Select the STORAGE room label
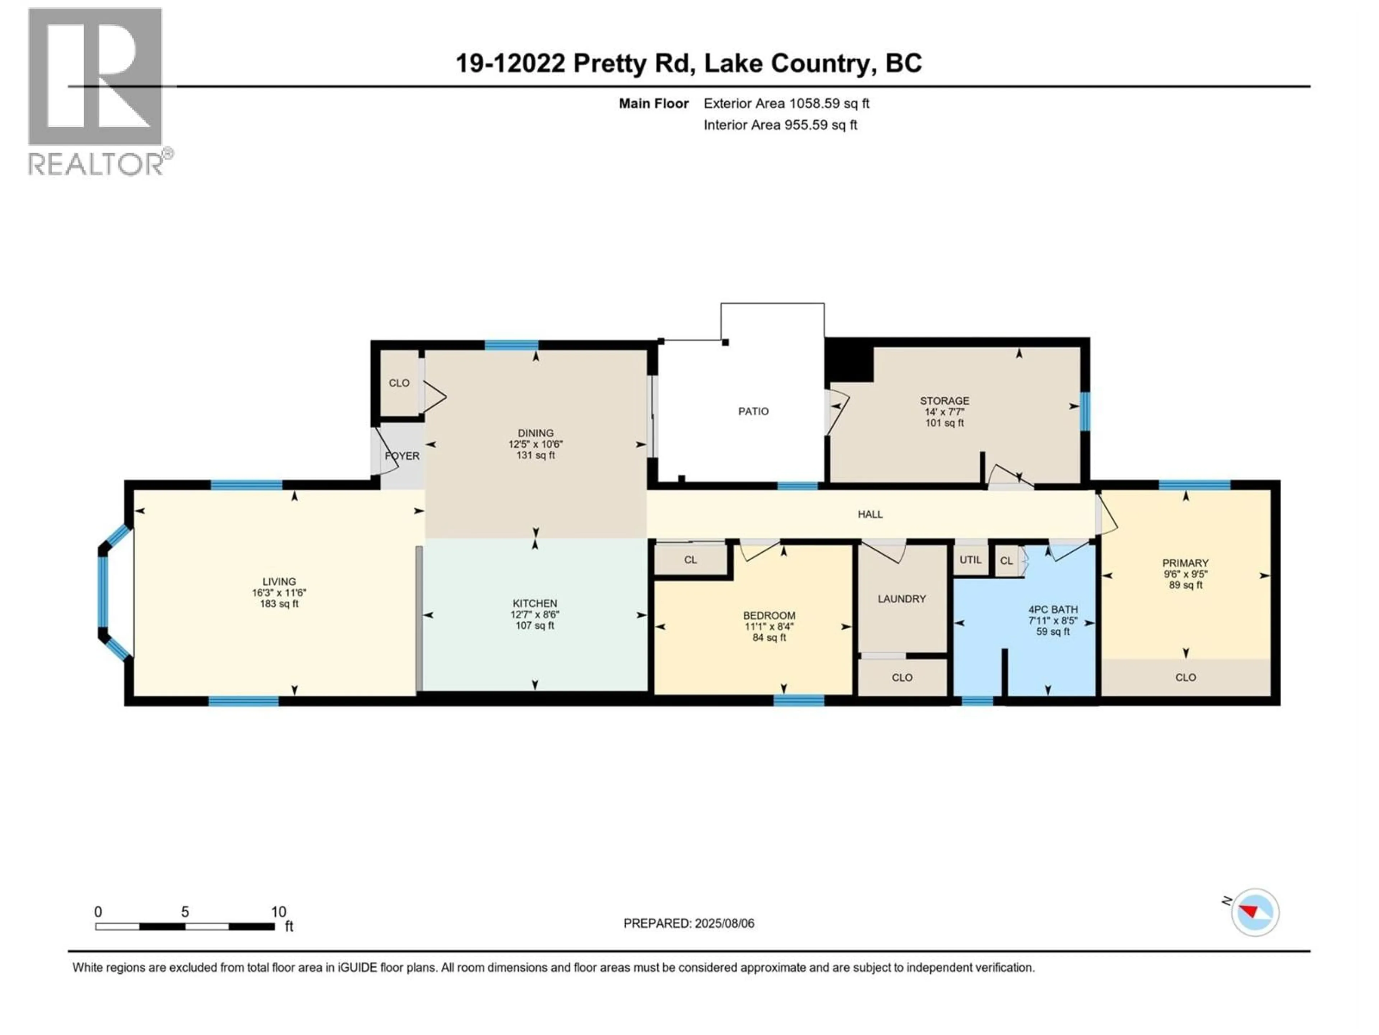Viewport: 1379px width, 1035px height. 944,401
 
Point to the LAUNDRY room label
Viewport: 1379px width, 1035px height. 901,599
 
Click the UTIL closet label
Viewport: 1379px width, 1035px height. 970,560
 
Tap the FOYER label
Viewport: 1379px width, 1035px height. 402,456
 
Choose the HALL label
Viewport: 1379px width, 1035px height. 870,514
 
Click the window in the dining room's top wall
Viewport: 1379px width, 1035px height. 511,345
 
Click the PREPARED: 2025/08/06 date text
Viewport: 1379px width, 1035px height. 688,923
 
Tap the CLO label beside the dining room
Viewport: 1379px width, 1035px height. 399,383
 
